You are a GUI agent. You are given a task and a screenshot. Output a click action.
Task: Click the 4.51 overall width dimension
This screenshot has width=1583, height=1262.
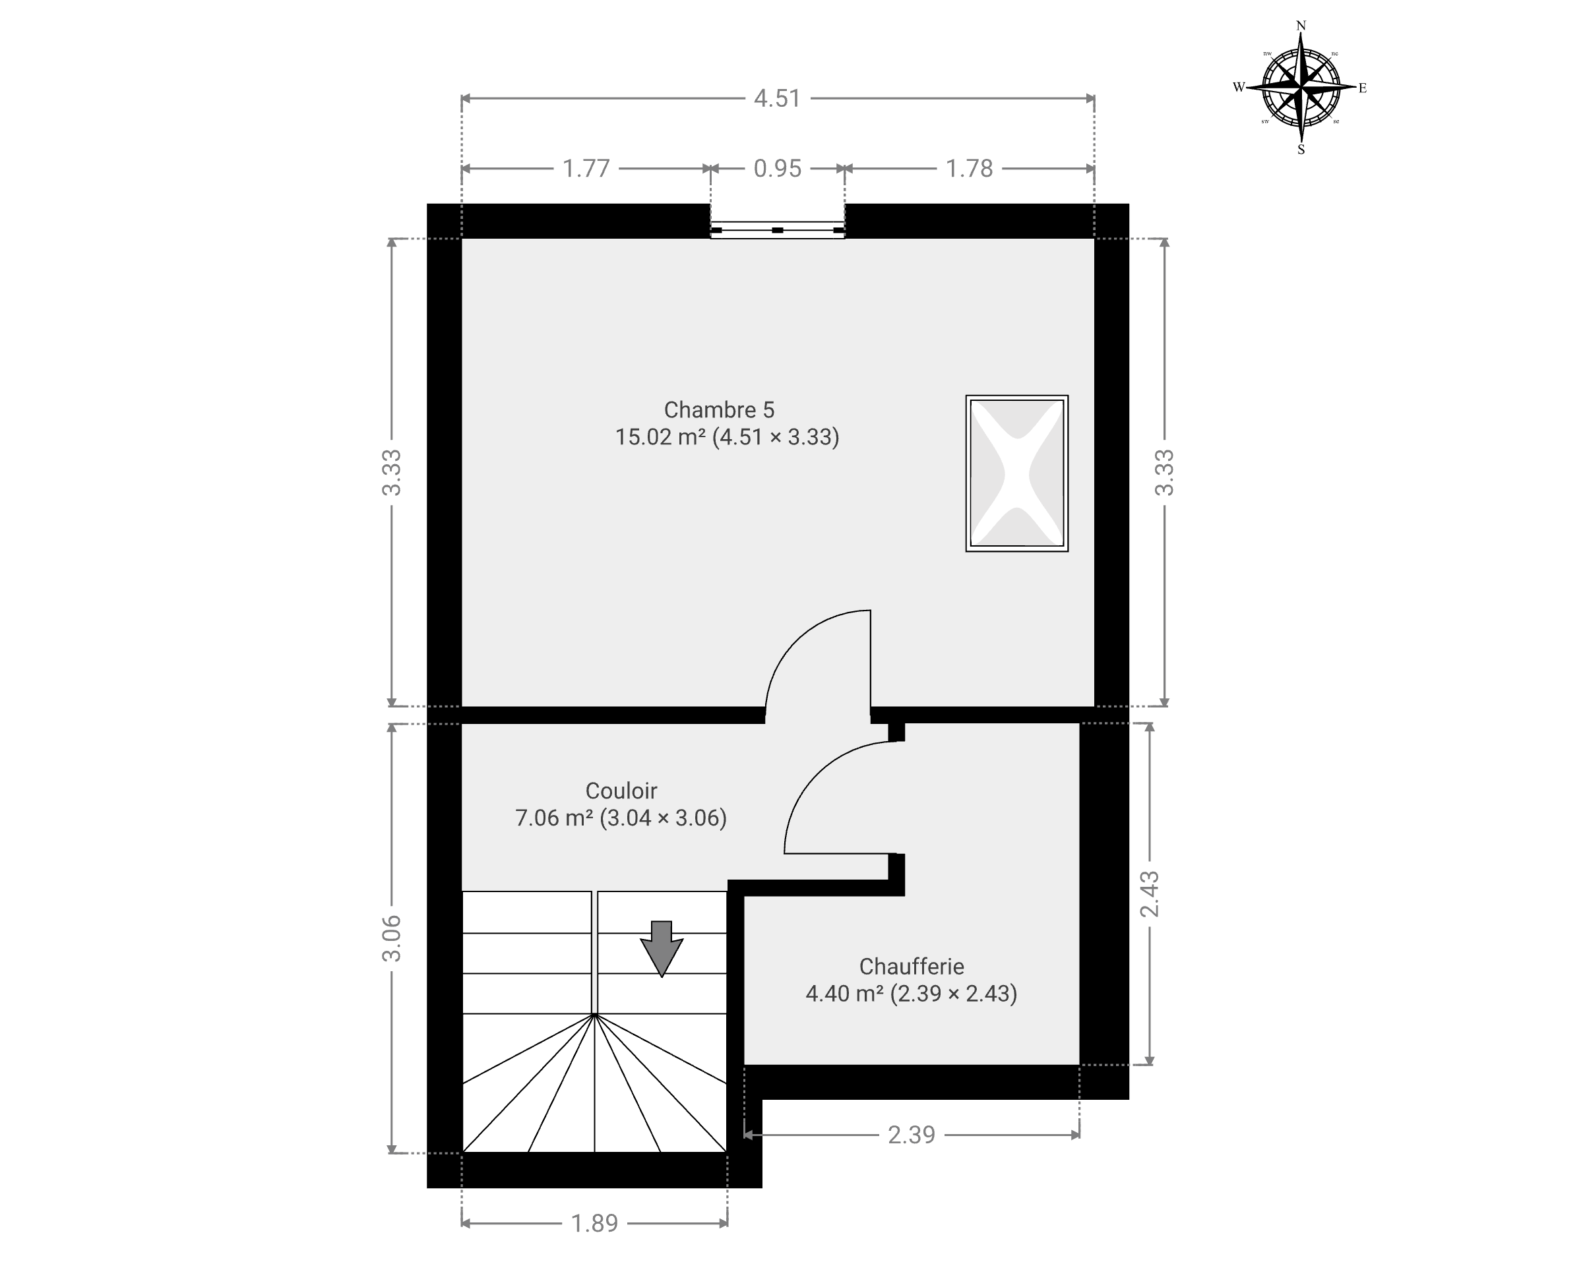[x=777, y=98]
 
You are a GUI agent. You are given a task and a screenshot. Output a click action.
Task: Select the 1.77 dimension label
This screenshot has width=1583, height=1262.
[x=586, y=169]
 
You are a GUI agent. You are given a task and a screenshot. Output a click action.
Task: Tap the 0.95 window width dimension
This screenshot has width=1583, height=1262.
[x=778, y=169]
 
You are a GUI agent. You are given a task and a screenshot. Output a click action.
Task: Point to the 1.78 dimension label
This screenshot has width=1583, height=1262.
[x=969, y=169]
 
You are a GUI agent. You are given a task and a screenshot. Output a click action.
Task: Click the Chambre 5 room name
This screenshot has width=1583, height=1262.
[x=719, y=409]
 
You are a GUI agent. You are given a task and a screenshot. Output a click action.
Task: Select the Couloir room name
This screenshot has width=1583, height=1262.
[x=621, y=791]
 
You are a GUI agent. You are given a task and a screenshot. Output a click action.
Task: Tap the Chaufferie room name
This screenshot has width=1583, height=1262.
[x=911, y=966]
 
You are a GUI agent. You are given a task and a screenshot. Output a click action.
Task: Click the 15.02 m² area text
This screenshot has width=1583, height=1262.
[x=660, y=436]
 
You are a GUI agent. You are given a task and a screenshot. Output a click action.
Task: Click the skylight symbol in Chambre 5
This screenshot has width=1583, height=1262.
[x=1017, y=473]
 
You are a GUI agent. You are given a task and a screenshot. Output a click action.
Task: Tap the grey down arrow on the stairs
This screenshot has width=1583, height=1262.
[x=662, y=949]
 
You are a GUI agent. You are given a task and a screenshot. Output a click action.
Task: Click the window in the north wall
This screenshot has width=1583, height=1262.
[x=778, y=230]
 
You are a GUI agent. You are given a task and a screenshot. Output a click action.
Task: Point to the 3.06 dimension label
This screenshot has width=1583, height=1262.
[x=392, y=939]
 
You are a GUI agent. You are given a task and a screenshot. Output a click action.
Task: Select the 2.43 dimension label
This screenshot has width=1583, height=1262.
[x=1150, y=894]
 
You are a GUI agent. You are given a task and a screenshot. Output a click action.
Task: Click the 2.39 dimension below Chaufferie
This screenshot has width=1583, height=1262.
[x=911, y=1135]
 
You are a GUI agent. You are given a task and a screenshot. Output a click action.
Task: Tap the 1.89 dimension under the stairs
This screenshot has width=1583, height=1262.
[x=595, y=1223]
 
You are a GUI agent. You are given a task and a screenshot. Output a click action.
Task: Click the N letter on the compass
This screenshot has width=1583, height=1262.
[x=1301, y=26]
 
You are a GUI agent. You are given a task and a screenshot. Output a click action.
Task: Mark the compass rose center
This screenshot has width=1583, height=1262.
[x=1301, y=87]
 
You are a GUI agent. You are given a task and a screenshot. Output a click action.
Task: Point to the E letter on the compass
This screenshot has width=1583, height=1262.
[x=1362, y=88]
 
